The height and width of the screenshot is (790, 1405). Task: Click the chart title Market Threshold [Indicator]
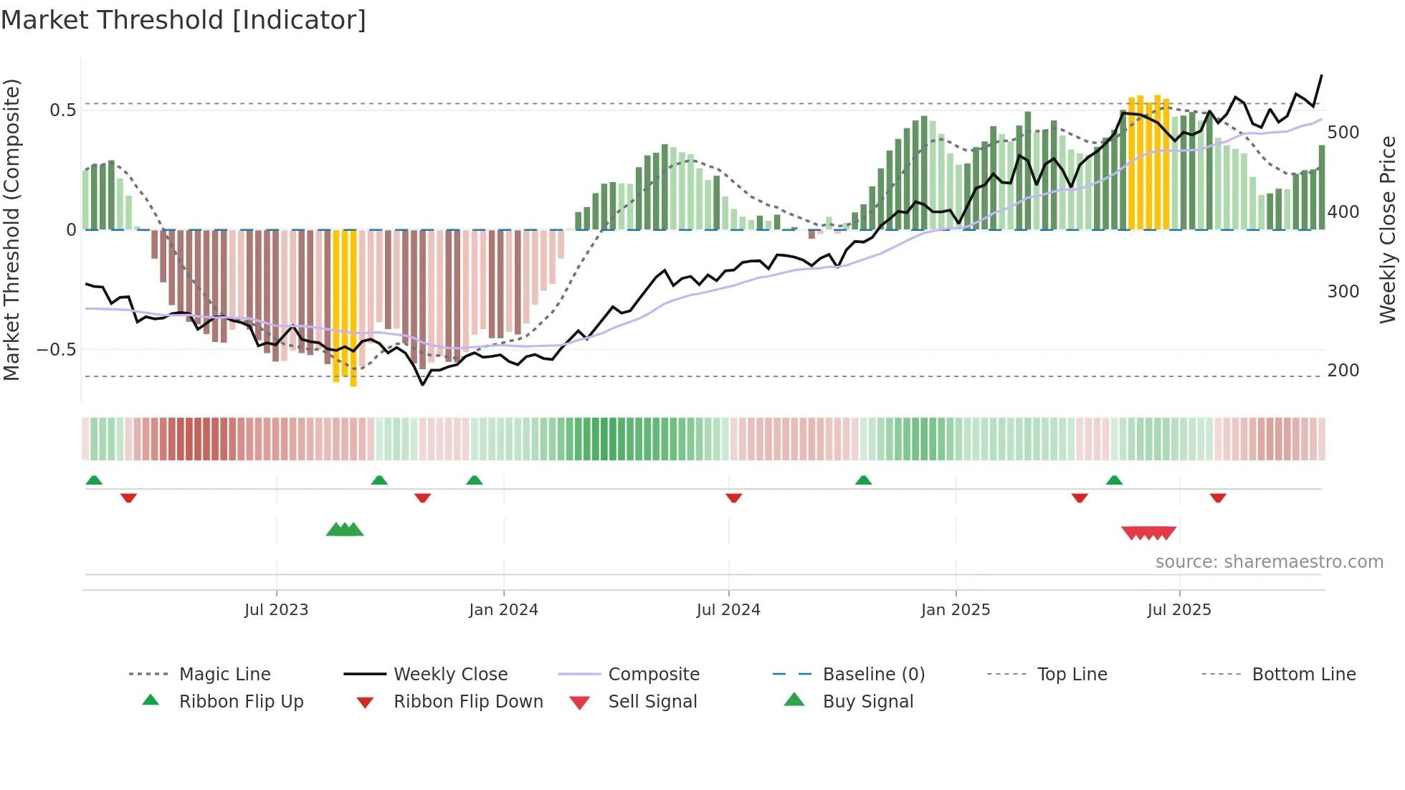(x=184, y=20)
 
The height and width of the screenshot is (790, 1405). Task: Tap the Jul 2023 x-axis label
(x=276, y=610)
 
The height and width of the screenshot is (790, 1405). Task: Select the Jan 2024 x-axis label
(x=503, y=610)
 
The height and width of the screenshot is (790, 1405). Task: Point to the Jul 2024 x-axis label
(x=728, y=610)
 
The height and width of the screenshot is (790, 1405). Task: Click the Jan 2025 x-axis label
(x=956, y=610)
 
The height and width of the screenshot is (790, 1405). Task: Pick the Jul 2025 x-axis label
(x=1179, y=610)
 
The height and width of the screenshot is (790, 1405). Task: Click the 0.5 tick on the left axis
(x=62, y=110)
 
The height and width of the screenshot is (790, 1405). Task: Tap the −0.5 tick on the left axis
(x=57, y=350)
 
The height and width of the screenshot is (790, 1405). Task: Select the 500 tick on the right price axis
(x=1343, y=133)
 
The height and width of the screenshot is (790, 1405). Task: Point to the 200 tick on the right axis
(x=1343, y=371)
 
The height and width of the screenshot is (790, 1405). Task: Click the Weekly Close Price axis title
(x=1388, y=229)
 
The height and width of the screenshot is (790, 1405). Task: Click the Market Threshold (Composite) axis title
(x=11, y=229)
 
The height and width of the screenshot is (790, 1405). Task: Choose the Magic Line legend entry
(x=224, y=675)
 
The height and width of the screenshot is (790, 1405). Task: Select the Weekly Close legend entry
(x=450, y=675)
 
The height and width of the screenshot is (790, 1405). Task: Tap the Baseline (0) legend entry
(x=873, y=675)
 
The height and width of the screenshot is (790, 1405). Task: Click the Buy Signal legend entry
(x=867, y=702)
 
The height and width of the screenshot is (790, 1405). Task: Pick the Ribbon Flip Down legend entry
(x=468, y=702)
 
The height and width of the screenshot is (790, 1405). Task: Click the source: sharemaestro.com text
(x=1269, y=562)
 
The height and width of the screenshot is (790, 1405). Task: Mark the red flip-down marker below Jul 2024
(x=733, y=498)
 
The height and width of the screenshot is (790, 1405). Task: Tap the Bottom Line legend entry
(x=1303, y=675)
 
